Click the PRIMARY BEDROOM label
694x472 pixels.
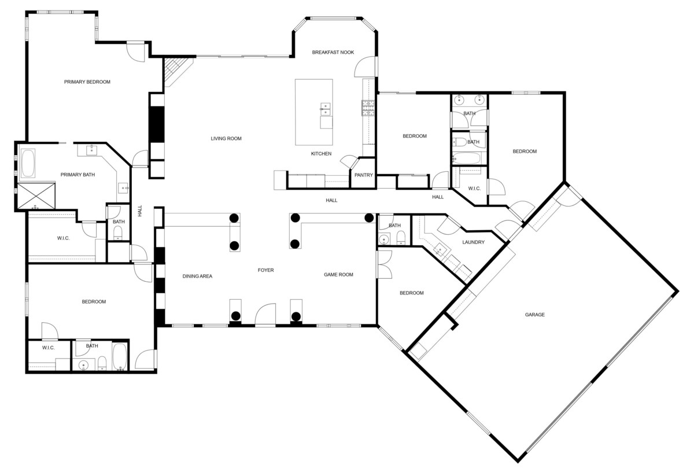tap(87, 82)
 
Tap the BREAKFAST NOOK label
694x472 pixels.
tap(333, 53)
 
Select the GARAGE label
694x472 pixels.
tap(534, 315)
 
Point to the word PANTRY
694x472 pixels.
tap(363, 175)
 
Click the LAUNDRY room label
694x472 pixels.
tap(473, 242)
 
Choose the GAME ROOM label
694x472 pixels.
tap(338, 275)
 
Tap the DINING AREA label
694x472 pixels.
tap(197, 276)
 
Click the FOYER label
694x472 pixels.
tap(265, 270)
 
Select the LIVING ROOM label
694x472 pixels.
tap(226, 138)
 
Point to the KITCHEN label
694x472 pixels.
tap(321, 154)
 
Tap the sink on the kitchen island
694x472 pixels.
tap(325, 109)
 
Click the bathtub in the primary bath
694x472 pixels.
tap(28, 163)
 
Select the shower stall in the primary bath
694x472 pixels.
tap(36, 196)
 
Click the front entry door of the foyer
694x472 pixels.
tap(265, 315)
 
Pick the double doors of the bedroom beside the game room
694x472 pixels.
tap(385, 264)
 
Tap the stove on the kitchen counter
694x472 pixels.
tap(368, 108)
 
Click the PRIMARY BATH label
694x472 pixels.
tap(77, 175)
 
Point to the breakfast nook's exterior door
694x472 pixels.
tap(366, 67)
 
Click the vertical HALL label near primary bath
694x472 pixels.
tap(140, 211)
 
